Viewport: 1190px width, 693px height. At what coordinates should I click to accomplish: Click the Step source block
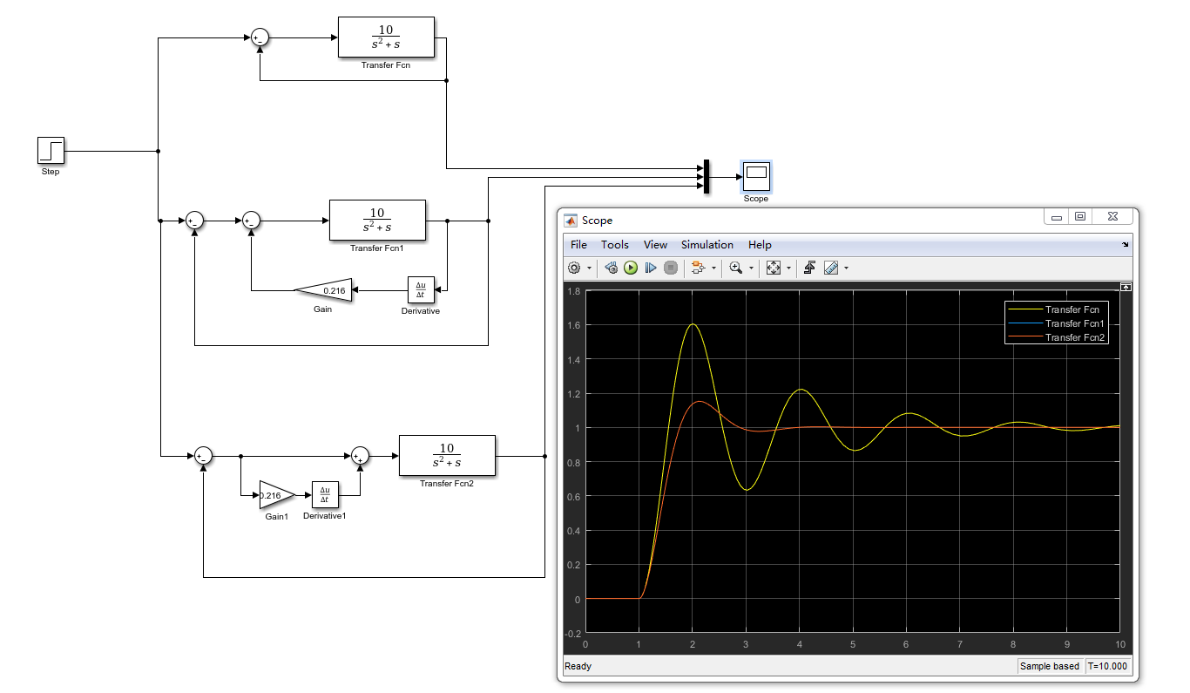tap(51, 150)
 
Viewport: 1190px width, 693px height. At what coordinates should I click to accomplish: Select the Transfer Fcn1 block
tap(377, 221)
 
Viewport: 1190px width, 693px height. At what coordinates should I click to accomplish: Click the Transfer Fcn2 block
tap(447, 456)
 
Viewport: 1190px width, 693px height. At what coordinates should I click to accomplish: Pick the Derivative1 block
tap(324, 495)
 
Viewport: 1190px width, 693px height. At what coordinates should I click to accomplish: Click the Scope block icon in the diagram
tap(756, 175)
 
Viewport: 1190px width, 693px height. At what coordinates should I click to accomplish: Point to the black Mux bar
tap(706, 176)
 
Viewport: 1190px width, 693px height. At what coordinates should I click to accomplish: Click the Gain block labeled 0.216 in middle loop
tap(325, 290)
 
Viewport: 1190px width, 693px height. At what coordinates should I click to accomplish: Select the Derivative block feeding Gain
tap(421, 289)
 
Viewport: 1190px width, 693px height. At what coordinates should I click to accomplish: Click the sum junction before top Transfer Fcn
tap(260, 37)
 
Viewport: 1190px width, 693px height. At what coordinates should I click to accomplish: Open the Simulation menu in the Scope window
tap(707, 245)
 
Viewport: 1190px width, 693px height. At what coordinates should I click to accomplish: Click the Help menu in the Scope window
tap(760, 245)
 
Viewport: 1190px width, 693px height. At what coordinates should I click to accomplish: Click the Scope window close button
tap(1112, 217)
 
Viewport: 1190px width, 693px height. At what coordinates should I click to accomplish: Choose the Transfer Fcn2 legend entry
tap(1075, 337)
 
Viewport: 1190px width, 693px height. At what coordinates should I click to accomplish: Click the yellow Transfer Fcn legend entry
tap(1072, 309)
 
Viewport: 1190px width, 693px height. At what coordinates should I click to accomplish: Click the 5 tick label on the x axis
tap(853, 644)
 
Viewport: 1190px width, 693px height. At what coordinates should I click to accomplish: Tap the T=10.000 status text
tap(1107, 666)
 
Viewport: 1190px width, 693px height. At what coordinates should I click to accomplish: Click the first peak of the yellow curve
tap(693, 324)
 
